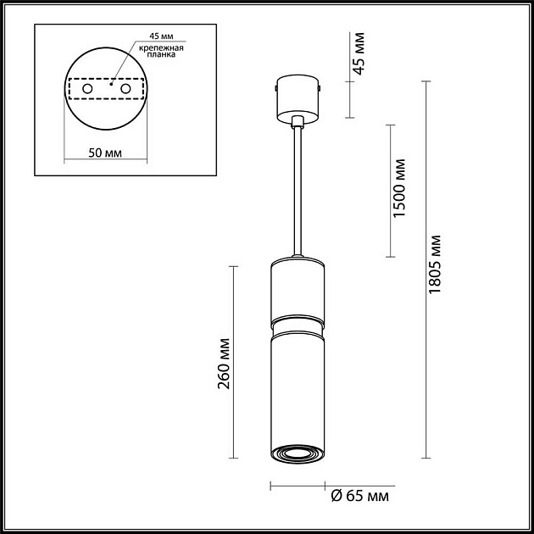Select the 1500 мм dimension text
400,188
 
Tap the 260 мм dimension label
224,362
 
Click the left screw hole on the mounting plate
86,88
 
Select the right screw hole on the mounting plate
125,88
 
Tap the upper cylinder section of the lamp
297,290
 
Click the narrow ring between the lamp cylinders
297,324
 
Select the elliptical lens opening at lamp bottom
297,455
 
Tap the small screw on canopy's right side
320,87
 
